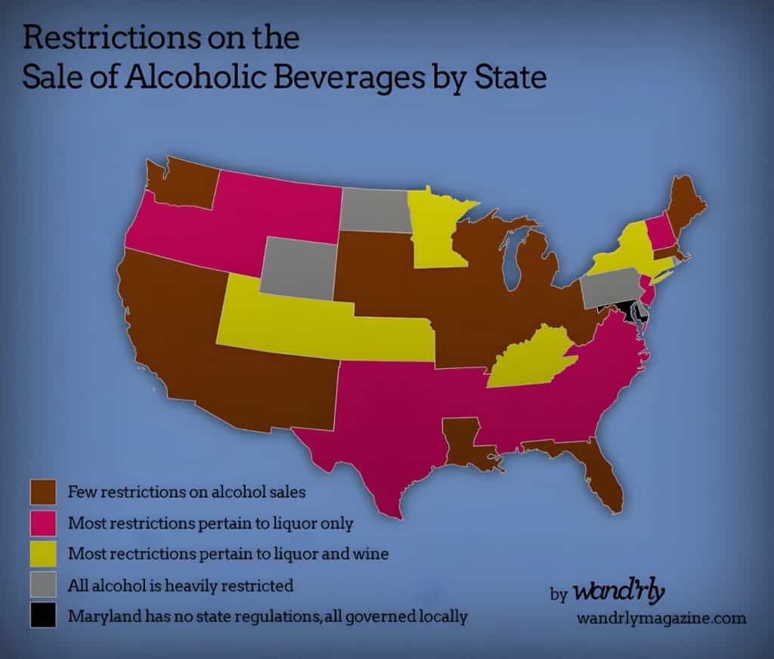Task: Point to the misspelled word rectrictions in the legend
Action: (170, 554)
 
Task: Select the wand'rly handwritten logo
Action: (618, 590)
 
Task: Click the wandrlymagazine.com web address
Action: (661, 618)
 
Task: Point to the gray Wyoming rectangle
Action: (298, 266)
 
